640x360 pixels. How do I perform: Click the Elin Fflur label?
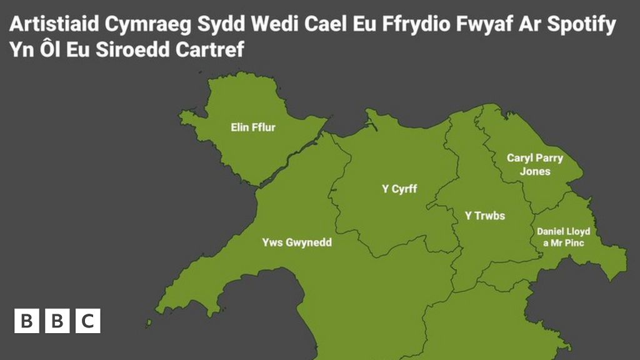coord(253,128)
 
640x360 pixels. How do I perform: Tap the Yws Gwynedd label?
coord(297,242)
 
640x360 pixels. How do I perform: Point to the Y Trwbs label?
coord(484,216)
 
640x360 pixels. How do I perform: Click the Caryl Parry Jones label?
coord(535,164)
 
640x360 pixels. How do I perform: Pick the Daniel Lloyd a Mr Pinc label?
coord(563,237)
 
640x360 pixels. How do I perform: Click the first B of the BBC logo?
coord(26,321)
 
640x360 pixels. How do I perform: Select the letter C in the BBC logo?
coord(88,321)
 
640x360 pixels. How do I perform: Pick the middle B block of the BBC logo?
coord(57,321)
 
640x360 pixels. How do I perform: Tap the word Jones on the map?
coord(535,171)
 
